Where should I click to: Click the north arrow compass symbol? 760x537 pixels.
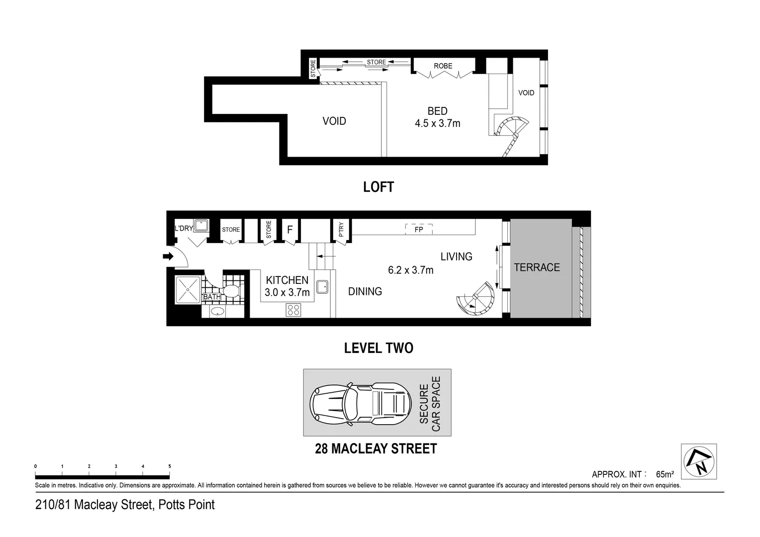click(698, 461)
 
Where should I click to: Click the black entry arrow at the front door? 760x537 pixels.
click(168, 257)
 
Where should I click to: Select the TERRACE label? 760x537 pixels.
click(537, 268)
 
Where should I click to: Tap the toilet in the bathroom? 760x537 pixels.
click(231, 291)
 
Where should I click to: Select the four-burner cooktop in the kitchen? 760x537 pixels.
click(293, 310)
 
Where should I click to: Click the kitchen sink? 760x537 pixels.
click(322, 286)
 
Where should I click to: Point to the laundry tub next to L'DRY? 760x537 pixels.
click(200, 226)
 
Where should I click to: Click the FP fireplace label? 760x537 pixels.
click(419, 230)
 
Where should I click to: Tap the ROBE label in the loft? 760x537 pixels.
click(443, 66)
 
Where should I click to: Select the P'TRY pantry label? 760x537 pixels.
click(341, 229)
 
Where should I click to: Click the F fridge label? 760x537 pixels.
click(289, 230)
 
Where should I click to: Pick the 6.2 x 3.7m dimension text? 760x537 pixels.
click(410, 270)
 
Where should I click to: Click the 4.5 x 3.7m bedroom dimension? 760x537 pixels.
click(437, 123)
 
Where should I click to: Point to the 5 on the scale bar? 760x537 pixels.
click(170, 466)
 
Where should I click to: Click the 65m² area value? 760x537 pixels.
click(665, 474)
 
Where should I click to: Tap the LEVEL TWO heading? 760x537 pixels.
click(379, 348)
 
